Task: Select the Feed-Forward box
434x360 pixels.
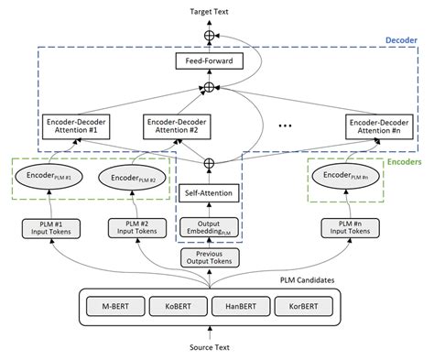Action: tap(210, 62)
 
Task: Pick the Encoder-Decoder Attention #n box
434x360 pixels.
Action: tap(378, 125)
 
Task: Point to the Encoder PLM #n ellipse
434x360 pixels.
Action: tap(346, 174)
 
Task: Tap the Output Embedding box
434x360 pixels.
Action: tap(210, 227)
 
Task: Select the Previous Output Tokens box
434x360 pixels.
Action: tap(210, 259)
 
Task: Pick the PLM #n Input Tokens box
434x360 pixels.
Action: tap(346, 227)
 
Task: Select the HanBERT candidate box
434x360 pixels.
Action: tap(244, 304)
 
